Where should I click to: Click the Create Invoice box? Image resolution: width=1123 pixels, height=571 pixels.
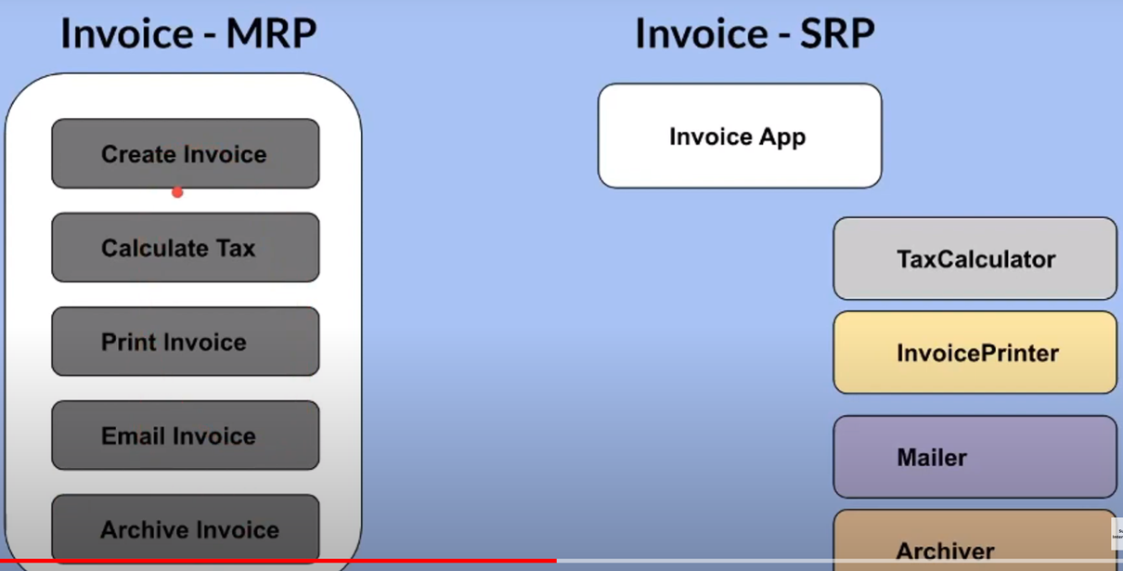pos(186,153)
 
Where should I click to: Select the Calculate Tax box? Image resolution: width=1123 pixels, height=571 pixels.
pos(186,247)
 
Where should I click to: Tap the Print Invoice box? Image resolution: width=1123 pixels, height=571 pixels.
pos(186,342)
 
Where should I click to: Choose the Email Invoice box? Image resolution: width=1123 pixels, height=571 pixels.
pos(186,435)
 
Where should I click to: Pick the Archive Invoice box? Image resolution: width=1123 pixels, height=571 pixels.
pos(186,529)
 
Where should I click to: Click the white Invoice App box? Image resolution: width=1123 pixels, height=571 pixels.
pos(740,136)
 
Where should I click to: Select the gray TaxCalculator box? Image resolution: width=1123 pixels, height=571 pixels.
pos(975,258)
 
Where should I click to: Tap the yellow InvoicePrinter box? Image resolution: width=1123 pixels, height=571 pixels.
pos(975,353)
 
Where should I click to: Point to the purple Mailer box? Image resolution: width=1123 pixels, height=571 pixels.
pos(975,457)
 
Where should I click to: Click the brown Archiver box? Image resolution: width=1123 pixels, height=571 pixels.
pos(975,540)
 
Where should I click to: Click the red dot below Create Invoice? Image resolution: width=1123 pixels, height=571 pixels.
pos(177,192)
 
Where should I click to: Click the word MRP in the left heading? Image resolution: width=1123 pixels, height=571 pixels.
pos(271,33)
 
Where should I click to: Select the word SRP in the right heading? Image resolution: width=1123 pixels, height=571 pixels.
pos(837,33)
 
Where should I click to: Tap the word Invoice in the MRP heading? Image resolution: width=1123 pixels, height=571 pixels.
pos(127,33)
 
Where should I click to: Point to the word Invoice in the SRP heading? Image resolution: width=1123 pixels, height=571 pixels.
pos(702,33)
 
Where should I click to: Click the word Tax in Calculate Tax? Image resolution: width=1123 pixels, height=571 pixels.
pos(236,248)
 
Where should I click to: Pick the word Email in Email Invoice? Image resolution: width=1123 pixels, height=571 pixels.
pos(133,435)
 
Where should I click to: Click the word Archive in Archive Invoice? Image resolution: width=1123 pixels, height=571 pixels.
pos(141,530)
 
